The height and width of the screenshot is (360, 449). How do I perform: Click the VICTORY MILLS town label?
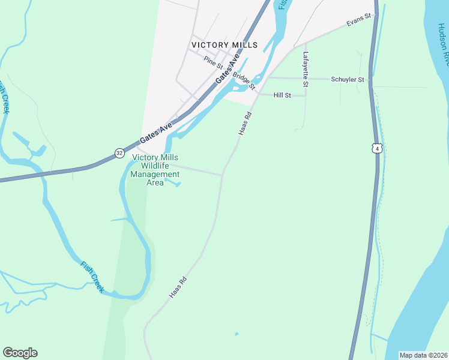coord(224,45)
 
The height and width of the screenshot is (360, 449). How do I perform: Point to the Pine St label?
coord(212,61)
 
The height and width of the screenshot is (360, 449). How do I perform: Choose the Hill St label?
coord(282,95)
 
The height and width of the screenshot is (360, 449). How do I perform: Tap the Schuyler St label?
coord(348,79)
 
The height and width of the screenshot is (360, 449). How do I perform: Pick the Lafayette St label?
coord(306,70)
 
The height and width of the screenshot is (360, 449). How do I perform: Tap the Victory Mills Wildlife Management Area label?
coord(155,170)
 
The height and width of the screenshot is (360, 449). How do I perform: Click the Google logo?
coord(20,353)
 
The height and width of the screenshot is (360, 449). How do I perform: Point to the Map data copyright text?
coord(423,355)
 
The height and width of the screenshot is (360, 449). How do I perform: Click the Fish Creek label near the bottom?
coord(93,277)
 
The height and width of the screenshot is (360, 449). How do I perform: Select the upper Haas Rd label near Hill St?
coord(244,122)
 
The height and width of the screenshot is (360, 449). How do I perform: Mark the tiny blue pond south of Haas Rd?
coord(237,334)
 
